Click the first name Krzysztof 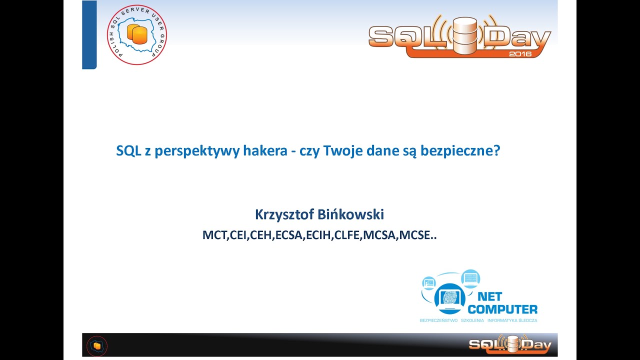tap(285, 214)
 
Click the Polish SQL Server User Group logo tap(136, 35)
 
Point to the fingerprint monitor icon tap(449, 297)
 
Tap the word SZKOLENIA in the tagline tap(472, 320)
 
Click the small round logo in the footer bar tap(97, 345)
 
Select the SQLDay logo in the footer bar tap(510, 344)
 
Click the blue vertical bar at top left tap(89, 34)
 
